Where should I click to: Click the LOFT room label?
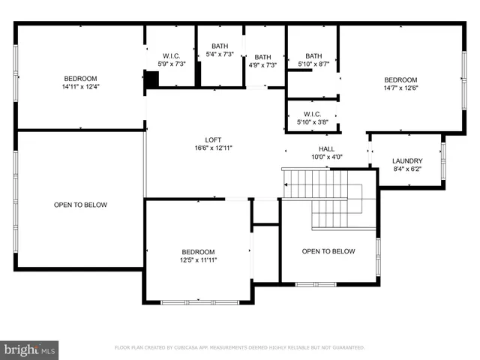tap(214, 139)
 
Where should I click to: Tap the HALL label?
tap(326, 148)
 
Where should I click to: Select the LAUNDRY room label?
tap(407, 160)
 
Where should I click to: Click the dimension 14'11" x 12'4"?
tap(79, 87)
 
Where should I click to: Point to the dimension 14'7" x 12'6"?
tap(400, 88)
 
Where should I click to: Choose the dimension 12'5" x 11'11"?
tap(198, 260)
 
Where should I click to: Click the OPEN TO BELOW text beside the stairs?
tap(328, 251)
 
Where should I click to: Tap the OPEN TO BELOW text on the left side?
tap(80, 205)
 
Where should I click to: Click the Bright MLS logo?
tap(29, 349)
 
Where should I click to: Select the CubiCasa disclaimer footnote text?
tap(239, 348)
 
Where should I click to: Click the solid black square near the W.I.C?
tap(151, 79)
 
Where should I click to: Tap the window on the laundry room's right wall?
tap(443, 160)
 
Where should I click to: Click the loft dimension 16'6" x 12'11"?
tap(214, 148)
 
